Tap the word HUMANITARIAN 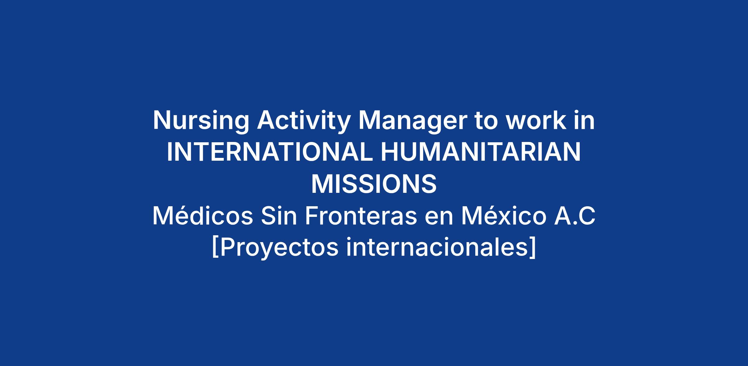(x=481, y=152)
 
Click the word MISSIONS (x=374, y=184)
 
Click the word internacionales (x=437, y=248)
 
